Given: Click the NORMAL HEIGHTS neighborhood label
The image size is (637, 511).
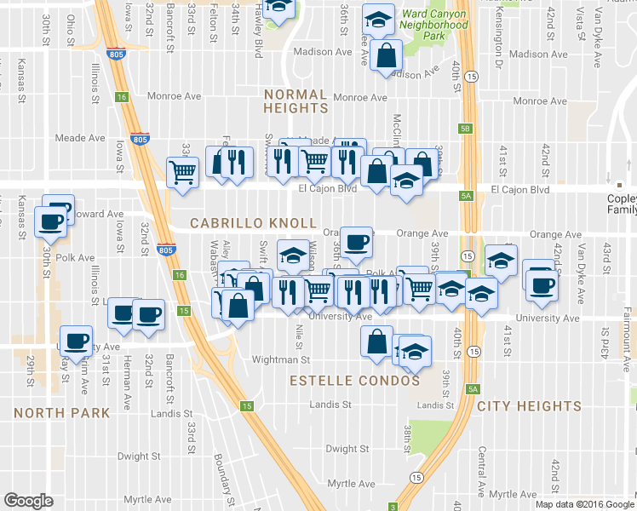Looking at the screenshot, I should [296, 101].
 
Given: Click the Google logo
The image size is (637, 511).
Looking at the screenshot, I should [28, 501].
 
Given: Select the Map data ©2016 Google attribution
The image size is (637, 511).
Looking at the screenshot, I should [584, 504].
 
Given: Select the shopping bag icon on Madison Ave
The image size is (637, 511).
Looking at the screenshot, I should [386, 56].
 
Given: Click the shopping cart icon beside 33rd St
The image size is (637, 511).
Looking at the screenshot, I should [184, 172].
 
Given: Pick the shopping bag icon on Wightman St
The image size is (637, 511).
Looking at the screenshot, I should [376, 342].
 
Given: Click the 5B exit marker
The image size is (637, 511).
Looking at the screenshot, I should [465, 129].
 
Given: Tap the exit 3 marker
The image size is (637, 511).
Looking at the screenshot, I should [393, 504].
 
